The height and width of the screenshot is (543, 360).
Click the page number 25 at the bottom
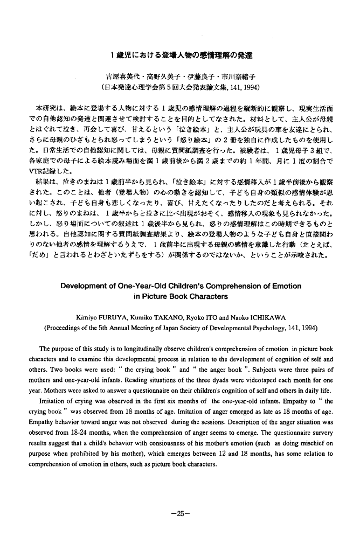tap(179, 512)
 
